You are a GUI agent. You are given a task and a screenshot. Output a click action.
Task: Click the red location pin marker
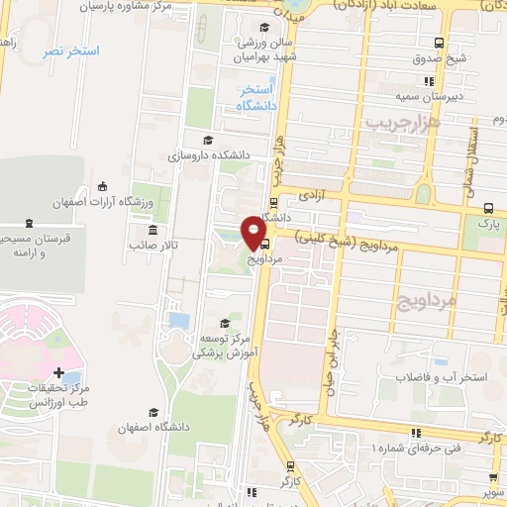tap(253, 233)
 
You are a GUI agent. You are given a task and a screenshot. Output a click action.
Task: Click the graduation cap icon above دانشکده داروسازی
tap(207, 140)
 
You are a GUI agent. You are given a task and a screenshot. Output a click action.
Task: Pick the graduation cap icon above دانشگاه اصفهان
tap(152, 412)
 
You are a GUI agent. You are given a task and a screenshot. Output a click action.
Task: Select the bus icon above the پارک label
tap(489, 208)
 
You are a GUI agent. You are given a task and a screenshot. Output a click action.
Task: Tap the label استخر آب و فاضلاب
tap(439, 379)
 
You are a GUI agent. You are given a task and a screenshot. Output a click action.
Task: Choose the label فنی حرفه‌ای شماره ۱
tap(416, 449)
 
